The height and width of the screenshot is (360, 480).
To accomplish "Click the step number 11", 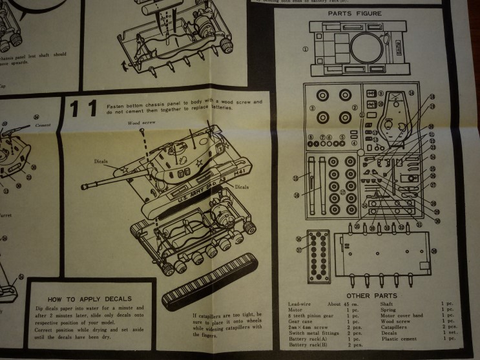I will (85, 109).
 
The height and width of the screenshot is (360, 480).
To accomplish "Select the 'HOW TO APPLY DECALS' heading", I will (90, 299).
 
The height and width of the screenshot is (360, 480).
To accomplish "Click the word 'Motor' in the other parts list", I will (296, 310).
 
